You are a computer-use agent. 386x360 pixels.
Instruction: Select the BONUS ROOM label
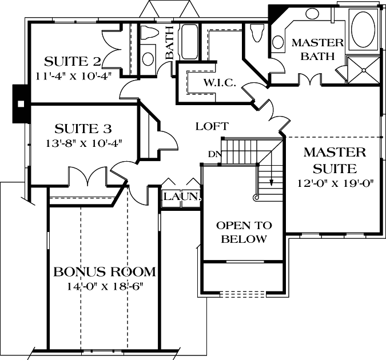(105, 271)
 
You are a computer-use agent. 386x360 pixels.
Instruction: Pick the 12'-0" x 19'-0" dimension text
(335, 183)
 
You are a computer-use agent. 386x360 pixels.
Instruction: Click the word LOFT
(212, 126)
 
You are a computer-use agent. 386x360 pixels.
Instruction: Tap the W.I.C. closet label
(220, 83)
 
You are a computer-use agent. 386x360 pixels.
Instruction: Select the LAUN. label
(181, 197)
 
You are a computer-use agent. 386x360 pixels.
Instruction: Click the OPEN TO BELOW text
(244, 232)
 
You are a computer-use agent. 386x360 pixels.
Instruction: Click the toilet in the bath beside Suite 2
(148, 34)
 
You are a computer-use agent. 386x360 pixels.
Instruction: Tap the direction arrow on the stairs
(272, 182)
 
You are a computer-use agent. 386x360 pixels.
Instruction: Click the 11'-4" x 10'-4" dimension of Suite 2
(73, 74)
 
